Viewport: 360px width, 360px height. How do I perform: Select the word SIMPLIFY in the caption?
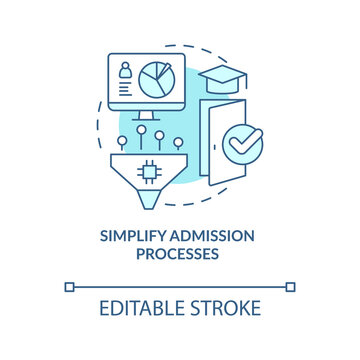tap(133, 236)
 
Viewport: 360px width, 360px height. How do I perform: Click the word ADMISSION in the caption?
tap(214, 236)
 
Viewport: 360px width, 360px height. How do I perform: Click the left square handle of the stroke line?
tap(70, 287)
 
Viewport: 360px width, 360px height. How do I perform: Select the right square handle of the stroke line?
tap(290, 287)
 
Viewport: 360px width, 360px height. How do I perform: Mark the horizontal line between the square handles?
tap(180, 287)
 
